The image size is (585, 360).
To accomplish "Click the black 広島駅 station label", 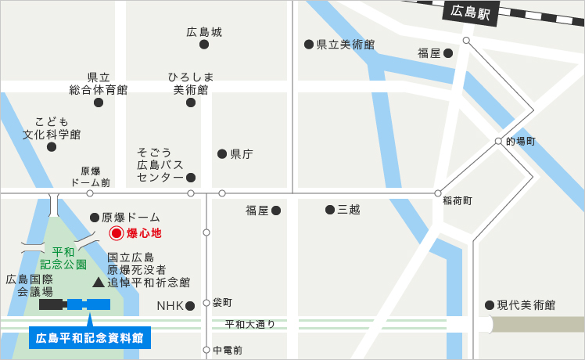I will click(x=469, y=12).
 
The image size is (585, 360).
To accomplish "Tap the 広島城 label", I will click(x=204, y=32).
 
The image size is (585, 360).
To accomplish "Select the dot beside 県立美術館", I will click(x=309, y=45).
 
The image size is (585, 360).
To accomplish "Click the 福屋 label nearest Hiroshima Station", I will click(x=429, y=53).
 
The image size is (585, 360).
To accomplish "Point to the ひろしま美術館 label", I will click(x=191, y=83).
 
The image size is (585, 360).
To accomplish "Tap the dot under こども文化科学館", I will click(x=52, y=146).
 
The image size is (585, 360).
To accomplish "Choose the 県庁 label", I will click(x=242, y=154).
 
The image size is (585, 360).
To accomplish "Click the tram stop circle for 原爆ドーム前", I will click(x=90, y=193).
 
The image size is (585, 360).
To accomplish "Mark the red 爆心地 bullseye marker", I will click(x=116, y=232).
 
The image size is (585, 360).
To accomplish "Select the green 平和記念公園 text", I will click(x=58, y=258).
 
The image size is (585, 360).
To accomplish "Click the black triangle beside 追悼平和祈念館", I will click(x=98, y=282).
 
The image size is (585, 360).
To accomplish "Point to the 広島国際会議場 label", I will click(x=30, y=285).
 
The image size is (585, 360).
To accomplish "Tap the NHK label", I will click(x=170, y=305).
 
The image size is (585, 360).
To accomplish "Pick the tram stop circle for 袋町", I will click(x=206, y=302).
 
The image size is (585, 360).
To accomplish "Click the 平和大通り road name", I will click(x=250, y=324).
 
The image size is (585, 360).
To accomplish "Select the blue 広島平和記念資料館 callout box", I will click(x=90, y=338).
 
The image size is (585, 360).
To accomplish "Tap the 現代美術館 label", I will click(x=526, y=304).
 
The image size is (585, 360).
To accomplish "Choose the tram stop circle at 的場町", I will click(x=498, y=142).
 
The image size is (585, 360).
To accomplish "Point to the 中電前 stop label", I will click(x=228, y=350).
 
